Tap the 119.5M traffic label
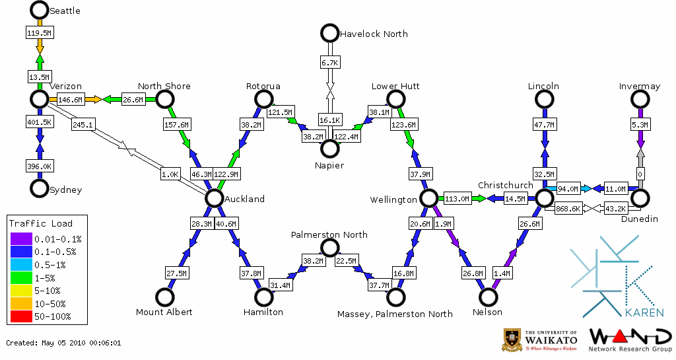(40, 32)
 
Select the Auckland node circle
(213, 198)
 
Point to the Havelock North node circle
(329, 32)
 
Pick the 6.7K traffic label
(329, 62)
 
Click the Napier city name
(329, 165)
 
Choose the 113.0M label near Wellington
(457, 198)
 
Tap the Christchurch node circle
(543, 198)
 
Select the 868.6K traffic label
(568, 209)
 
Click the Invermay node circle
(639, 99)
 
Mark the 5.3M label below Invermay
(639, 124)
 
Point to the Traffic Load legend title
(40, 223)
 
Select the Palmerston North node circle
(329, 248)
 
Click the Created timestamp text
(63, 343)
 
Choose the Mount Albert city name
(164, 312)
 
